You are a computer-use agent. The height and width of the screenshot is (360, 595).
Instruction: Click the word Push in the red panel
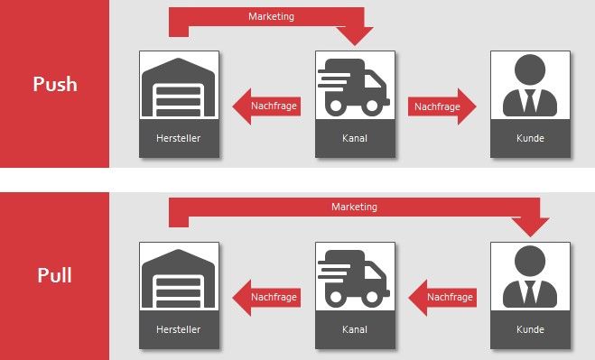tap(55, 84)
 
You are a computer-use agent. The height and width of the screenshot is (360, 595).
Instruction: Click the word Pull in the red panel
tap(55, 275)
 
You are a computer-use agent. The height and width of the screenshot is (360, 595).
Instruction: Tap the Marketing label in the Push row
tap(272, 16)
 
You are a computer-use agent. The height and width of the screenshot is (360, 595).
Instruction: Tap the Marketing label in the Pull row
tap(355, 207)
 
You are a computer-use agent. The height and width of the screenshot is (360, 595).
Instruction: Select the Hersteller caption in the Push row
tap(179, 138)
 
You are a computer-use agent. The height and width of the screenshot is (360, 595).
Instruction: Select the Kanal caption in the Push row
tap(355, 138)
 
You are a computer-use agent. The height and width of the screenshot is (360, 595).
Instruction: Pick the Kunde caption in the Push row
tap(530, 138)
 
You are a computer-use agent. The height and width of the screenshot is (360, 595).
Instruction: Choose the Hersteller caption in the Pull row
tap(179, 329)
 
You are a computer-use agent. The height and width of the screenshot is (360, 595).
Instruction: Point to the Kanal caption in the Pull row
tap(355, 329)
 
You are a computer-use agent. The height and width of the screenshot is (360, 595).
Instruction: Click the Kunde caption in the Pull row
tap(530, 329)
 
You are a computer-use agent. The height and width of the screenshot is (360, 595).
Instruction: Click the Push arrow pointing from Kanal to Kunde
tap(442, 106)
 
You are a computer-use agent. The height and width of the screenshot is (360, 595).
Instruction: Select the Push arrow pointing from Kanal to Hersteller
tap(266, 106)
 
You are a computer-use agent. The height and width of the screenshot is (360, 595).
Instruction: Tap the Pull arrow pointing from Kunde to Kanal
tap(442, 298)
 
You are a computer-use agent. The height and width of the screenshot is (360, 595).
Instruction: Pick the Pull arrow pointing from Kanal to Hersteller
tap(266, 298)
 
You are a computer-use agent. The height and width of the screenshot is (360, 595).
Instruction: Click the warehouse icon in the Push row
tap(179, 88)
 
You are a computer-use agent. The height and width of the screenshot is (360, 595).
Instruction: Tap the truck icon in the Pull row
tap(354, 279)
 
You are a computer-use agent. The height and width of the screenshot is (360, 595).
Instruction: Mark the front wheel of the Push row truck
tap(371, 106)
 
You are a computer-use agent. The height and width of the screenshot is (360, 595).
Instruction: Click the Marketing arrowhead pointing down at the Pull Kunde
tap(530, 226)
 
